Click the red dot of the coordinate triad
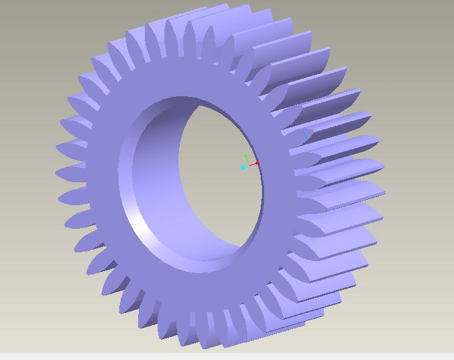(257, 163)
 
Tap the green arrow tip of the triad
(247, 156)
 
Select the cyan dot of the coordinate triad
(242, 168)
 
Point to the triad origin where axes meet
(249, 165)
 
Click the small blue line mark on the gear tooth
(307, 134)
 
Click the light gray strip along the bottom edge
(227, 355)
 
